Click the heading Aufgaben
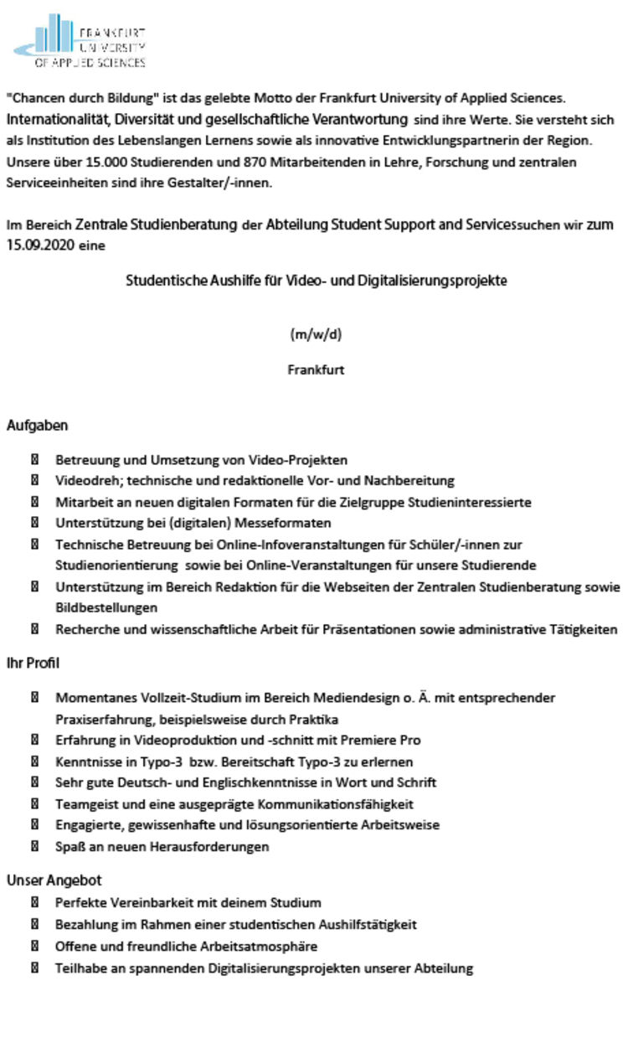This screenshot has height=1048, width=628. (x=38, y=426)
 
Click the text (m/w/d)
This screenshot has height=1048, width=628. (x=316, y=335)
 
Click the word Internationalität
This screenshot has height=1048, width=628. (x=59, y=120)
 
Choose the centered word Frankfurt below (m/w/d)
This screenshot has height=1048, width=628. (x=316, y=369)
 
